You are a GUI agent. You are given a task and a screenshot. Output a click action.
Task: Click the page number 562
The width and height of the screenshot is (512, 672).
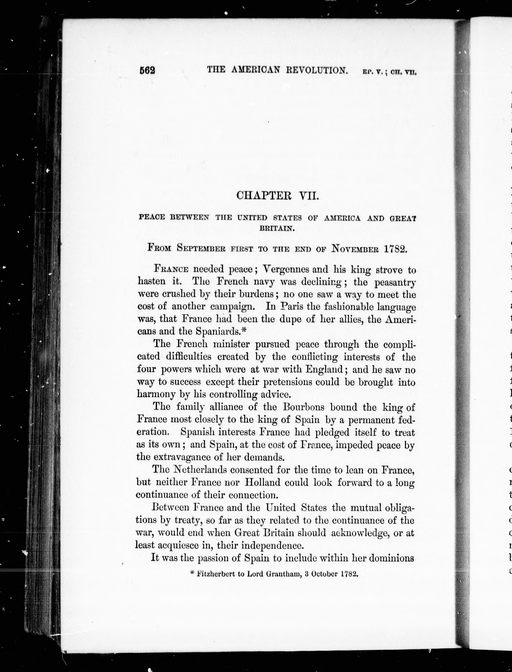pyautogui.click(x=147, y=70)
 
